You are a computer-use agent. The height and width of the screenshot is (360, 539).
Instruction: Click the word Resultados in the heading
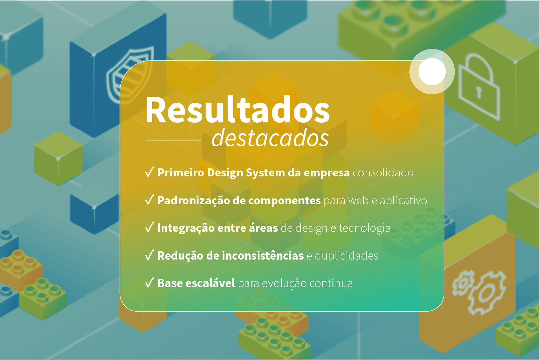pos(237,111)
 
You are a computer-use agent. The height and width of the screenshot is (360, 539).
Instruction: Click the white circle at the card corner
pos(432,71)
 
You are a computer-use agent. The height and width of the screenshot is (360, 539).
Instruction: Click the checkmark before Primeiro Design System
pos(150,172)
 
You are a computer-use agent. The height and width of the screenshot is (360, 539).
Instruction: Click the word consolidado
pos(383,173)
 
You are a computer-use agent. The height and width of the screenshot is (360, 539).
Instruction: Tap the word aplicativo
pos(403,201)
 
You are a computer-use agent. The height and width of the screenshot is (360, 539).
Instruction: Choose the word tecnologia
pos(364,228)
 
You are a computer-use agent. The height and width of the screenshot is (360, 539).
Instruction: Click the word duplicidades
pos(346,256)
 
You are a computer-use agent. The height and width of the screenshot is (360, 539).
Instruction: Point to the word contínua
pos(331,283)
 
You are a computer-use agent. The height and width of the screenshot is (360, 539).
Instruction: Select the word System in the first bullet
pos(265,173)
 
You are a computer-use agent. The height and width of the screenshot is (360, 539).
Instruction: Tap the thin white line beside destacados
pos(174,141)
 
